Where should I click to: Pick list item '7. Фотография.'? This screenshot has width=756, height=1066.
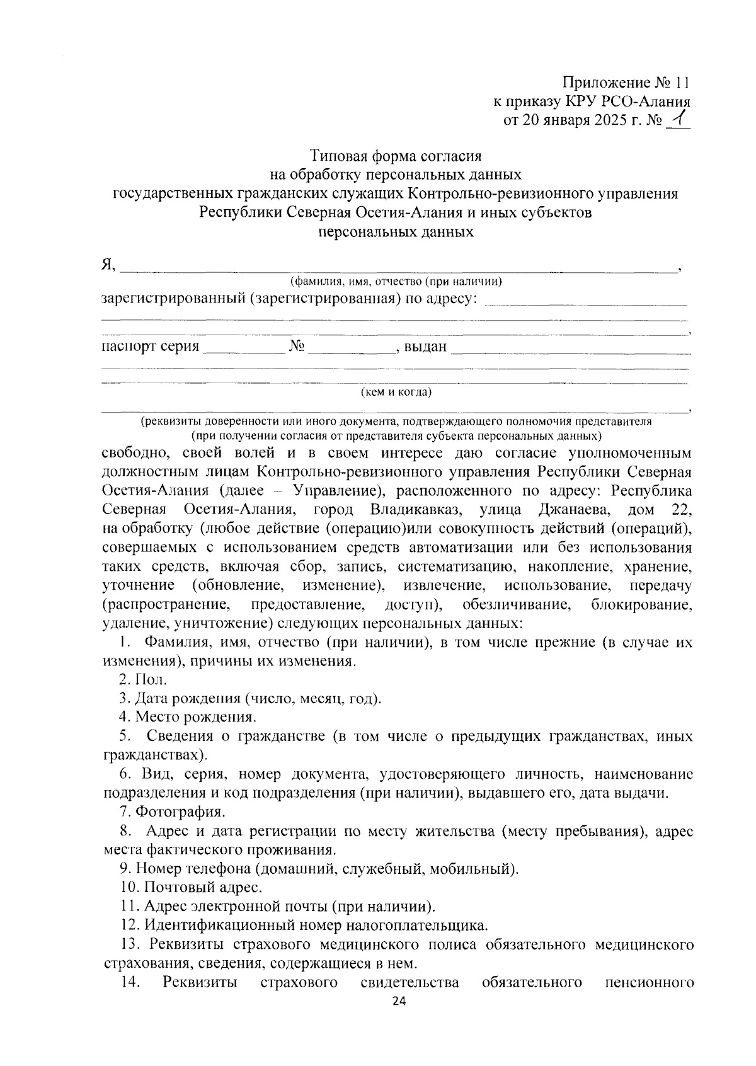172,811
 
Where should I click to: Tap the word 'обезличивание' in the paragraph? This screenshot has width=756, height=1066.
517,605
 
